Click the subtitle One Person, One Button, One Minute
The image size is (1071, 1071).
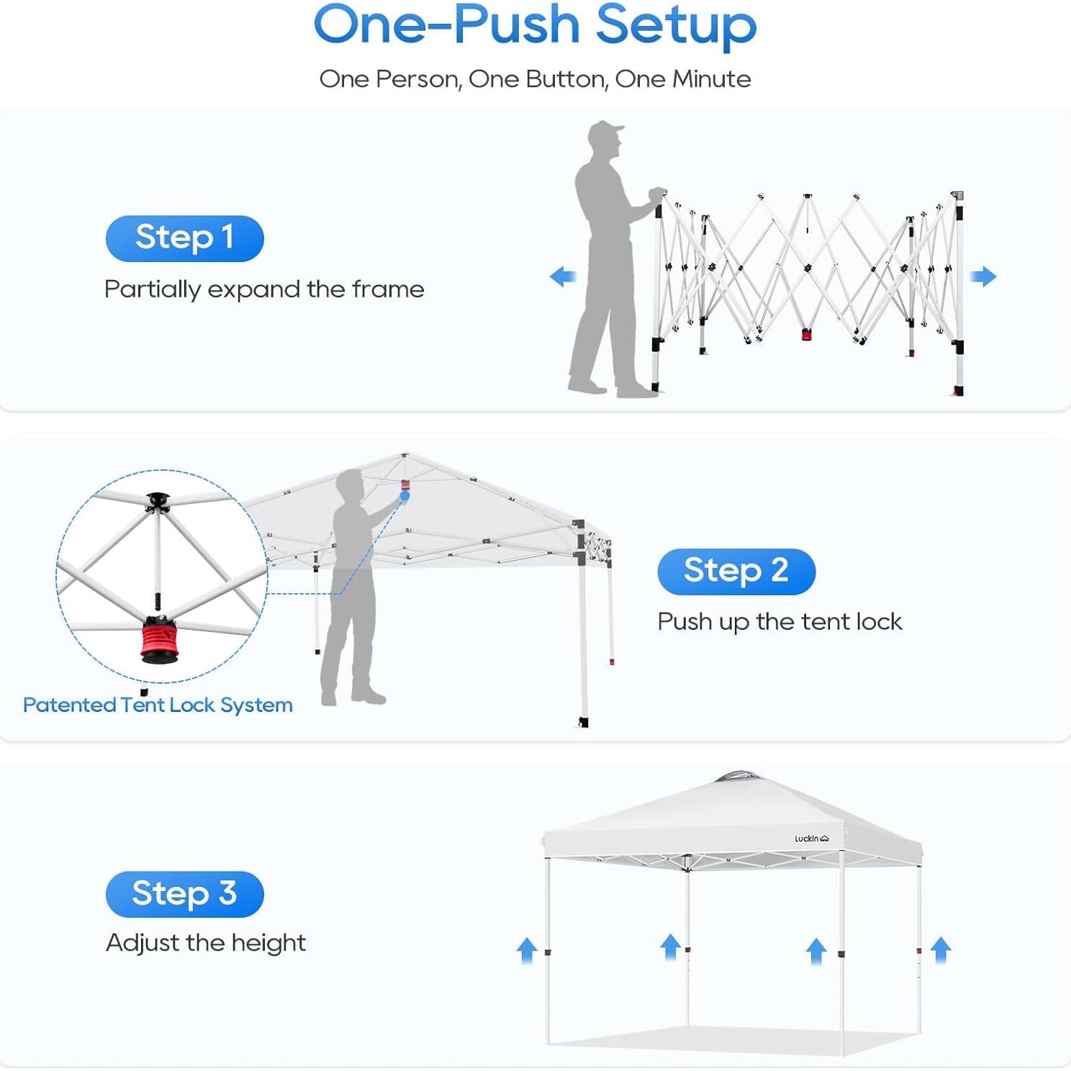(x=535, y=78)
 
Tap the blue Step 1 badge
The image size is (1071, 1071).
(x=184, y=238)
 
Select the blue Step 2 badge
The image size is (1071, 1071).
(x=736, y=571)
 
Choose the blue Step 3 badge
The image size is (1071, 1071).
(x=184, y=893)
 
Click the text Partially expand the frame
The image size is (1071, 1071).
(x=264, y=289)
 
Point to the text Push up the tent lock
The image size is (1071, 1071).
(x=779, y=621)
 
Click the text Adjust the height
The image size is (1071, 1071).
(x=206, y=942)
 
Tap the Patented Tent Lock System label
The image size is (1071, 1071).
(x=158, y=705)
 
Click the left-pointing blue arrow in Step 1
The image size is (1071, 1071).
(x=563, y=276)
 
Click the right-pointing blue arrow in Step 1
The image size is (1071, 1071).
(x=983, y=276)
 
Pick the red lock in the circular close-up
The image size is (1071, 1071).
(x=158, y=638)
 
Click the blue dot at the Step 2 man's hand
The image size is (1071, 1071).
(x=405, y=496)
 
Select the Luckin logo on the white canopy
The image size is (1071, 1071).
(x=811, y=839)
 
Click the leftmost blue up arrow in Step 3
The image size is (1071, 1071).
(x=527, y=950)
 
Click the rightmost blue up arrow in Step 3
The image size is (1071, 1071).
(x=941, y=949)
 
